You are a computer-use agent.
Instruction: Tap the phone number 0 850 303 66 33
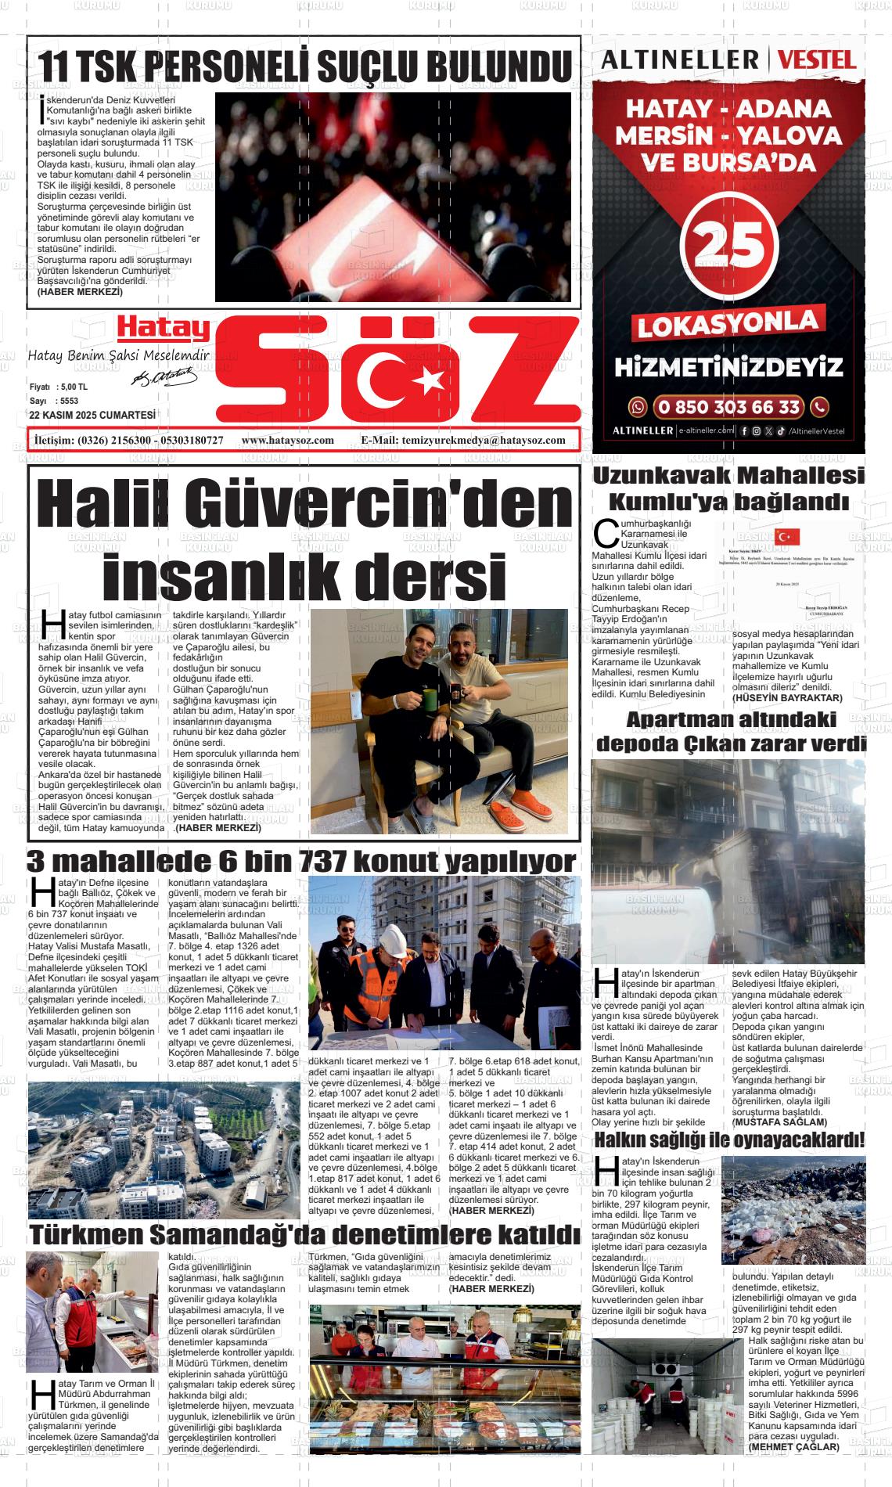pyautogui.click(x=728, y=407)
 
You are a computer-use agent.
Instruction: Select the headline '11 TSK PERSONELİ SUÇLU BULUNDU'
pyautogui.click(x=305, y=67)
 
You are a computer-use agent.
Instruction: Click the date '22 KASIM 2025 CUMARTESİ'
pyautogui.click(x=91, y=416)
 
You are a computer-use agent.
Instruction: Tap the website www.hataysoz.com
pyautogui.click(x=288, y=441)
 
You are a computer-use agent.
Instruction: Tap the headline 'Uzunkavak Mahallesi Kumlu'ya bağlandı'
pyautogui.click(x=728, y=488)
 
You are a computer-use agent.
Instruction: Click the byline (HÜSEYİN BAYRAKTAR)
pyautogui.click(x=786, y=697)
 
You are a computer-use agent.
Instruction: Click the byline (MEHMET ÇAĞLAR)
pyautogui.click(x=793, y=1447)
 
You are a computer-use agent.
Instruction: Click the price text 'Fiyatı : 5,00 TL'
pyautogui.click(x=59, y=387)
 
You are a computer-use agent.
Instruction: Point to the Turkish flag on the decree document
pyautogui.click(x=787, y=536)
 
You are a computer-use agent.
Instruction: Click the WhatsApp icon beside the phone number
pyautogui.click(x=639, y=407)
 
